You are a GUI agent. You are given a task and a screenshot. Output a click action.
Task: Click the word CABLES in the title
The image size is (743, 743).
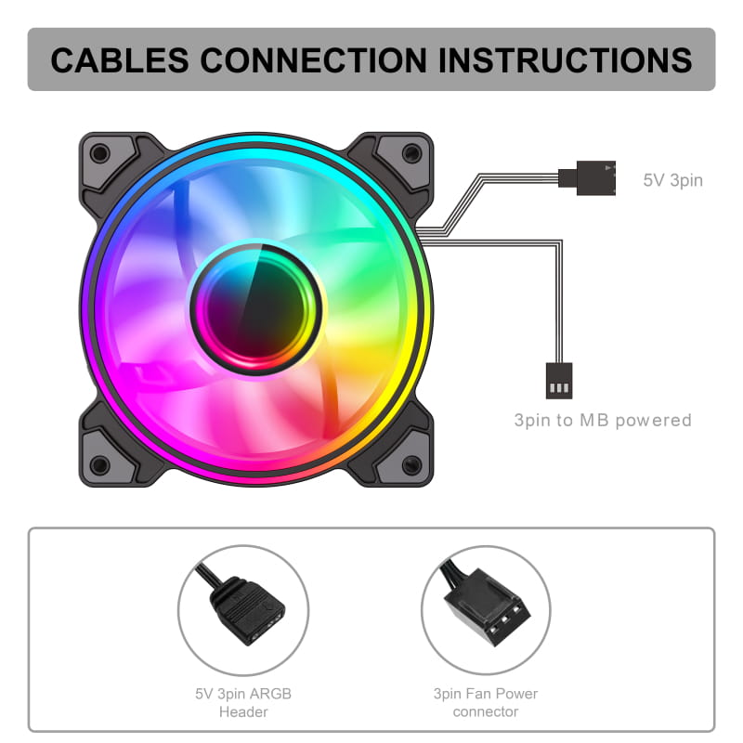pyautogui.click(x=120, y=60)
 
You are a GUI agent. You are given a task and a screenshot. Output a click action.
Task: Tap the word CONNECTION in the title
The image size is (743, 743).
pyautogui.click(x=314, y=60)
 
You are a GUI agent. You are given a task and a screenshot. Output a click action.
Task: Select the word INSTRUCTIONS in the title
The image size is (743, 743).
pyautogui.click(x=566, y=60)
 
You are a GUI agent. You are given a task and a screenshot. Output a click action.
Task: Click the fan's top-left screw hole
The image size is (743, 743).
pyautogui.click(x=100, y=153)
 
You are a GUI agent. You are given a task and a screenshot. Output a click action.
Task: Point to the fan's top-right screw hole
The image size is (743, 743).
pyautogui.click(x=411, y=153)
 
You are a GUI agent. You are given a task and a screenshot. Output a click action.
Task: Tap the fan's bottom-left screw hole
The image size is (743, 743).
pyautogui.click(x=100, y=465)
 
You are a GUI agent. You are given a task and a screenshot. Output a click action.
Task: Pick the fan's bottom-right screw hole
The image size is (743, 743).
pyautogui.click(x=411, y=465)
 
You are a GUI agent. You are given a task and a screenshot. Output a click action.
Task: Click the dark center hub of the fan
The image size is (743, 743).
pyautogui.click(x=256, y=309)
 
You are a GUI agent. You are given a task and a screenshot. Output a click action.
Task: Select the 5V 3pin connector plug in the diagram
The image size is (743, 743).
pyautogui.click(x=587, y=178)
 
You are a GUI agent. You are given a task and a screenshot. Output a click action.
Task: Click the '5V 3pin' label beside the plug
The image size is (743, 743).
pyautogui.click(x=672, y=180)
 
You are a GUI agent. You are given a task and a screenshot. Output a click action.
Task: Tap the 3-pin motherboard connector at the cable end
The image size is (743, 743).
pyautogui.click(x=559, y=381)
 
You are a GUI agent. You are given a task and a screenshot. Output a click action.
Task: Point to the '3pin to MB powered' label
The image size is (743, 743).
pyautogui.click(x=603, y=421)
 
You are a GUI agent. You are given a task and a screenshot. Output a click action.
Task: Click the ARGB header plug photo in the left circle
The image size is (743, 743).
pyautogui.click(x=247, y=610)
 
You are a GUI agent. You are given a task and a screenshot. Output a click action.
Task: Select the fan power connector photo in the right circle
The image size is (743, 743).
pyautogui.click(x=486, y=605)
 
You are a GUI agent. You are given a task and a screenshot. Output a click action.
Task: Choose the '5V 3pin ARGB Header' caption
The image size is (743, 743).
pyautogui.click(x=243, y=702)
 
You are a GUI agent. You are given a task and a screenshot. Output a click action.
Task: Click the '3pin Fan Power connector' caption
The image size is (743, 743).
pyautogui.click(x=486, y=702)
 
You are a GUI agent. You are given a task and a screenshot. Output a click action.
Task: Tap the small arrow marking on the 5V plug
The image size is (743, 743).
pyautogui.click(x=607, y=168)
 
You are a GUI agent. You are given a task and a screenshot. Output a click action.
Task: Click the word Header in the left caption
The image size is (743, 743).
pyautogui.click(x=243, y=711)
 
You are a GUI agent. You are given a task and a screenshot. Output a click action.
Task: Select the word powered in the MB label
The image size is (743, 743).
pyautogui.click(x=654, y=421)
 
